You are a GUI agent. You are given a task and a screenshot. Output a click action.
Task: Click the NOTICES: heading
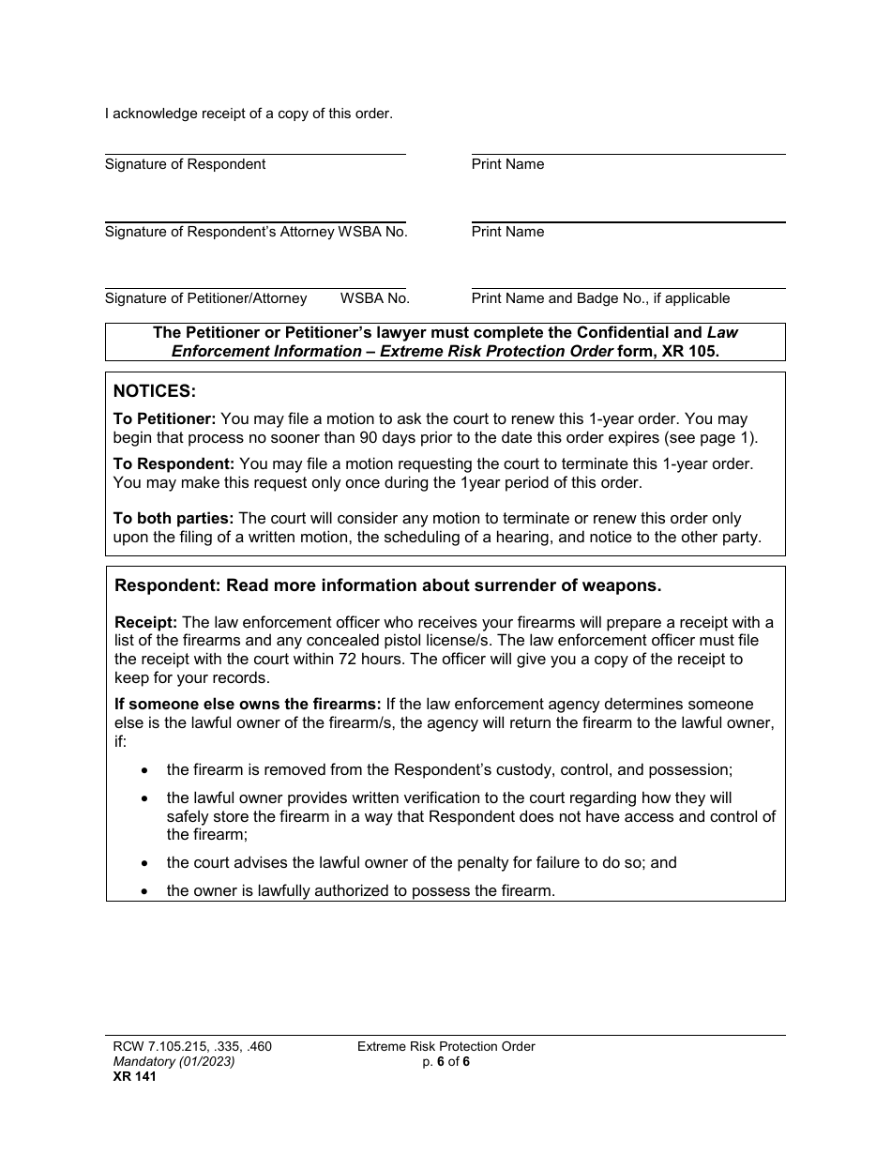coord(155,391)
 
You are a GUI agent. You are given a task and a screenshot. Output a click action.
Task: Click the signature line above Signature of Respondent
coord(254,154)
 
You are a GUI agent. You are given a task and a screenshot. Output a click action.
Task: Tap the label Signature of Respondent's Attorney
coord(219,232)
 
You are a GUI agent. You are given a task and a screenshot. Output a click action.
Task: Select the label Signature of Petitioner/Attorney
coord(205,298)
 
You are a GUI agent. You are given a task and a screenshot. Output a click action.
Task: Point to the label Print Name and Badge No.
coord(600,298)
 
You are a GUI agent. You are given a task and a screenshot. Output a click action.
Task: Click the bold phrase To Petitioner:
coord(164,418)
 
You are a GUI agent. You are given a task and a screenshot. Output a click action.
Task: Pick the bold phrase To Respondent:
coord(174,463)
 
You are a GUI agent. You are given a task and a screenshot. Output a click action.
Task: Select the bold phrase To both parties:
coord(174,518)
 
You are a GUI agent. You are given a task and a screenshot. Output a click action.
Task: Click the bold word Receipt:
coord(145,622)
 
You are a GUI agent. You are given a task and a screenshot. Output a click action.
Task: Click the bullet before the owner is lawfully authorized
coord(143,890)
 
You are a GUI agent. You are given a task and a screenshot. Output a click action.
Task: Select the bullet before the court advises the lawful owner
coord(143,862)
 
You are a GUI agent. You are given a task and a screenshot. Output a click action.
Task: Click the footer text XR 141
coord(130,1076)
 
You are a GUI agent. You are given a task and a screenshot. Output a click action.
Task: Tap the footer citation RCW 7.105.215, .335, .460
coord(188,1046)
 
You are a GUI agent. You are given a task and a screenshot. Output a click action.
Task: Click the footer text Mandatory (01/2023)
coord(170,1061)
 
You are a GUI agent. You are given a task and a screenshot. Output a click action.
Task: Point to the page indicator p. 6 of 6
coord(445,1061)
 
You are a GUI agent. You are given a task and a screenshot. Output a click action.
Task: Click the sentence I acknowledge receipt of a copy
coord(249,114)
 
